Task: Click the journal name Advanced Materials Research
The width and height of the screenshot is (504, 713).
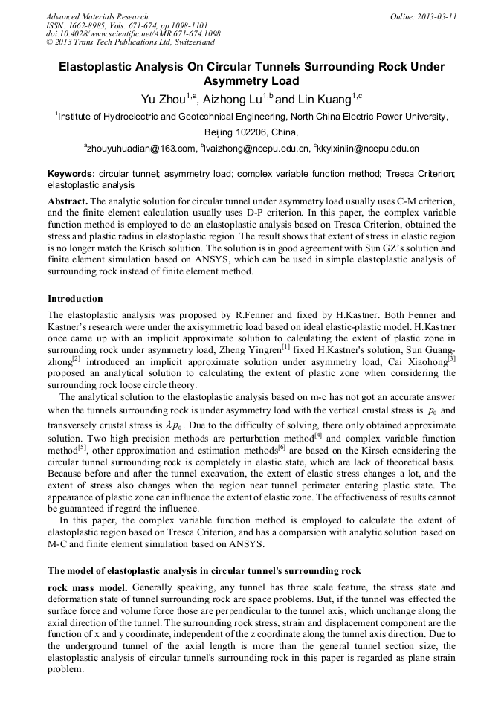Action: click(97, 16)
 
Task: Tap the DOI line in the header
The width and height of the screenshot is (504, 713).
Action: click(133, 34)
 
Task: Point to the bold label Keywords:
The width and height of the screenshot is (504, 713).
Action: click(71, 173)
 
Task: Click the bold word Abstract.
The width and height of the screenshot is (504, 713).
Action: click(68, 202)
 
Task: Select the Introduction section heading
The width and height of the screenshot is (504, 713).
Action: click(75, 299)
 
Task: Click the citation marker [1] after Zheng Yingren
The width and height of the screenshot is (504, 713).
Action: click(285, 345)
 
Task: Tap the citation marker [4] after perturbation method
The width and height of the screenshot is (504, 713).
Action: click(317, 434)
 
